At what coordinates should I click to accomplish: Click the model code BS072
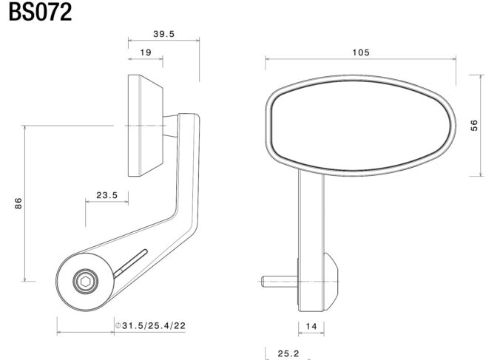(40, 12)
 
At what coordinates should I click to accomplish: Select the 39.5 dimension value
(164, 34)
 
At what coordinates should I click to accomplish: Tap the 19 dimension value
(146, 52)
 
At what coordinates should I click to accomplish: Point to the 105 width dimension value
(361, 52)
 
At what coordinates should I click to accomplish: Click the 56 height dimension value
(474, 126)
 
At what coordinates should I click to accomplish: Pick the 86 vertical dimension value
(18, 203)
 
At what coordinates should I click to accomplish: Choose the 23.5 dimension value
(106, 195)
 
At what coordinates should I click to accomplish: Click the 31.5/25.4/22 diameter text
(154, 325)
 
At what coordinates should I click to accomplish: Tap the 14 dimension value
(311, 326)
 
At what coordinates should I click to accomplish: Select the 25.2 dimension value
(288, 353)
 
